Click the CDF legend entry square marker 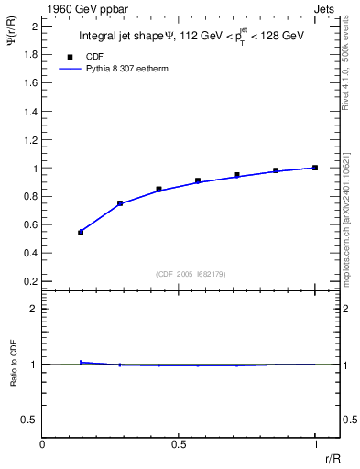70,57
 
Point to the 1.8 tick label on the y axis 29,55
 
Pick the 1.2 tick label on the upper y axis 29,140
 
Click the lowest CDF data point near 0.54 81,233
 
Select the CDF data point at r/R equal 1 315,168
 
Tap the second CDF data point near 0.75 120,203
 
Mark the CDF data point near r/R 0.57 198,181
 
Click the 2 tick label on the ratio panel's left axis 34,310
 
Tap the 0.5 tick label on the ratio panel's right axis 349,420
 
